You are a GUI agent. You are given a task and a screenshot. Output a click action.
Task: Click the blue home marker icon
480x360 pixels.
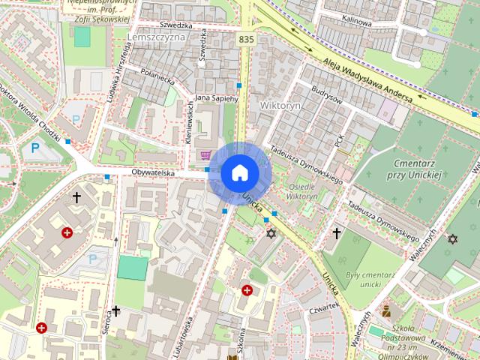click(240, 172)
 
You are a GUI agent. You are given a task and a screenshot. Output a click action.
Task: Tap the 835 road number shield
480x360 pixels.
click(245, 38)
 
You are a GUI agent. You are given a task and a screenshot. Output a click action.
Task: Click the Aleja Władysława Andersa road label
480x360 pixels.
click(367, 79)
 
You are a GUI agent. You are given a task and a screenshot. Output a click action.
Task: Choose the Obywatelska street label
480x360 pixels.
click(153, 173)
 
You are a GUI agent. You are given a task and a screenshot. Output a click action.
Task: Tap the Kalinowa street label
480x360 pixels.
click(356, 22)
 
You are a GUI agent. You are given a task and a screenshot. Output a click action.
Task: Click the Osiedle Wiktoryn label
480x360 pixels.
click(302, 190)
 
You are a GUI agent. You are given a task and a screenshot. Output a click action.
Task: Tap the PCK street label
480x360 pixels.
click(339, 139)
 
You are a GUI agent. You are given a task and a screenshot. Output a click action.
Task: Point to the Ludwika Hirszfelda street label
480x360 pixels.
click(119, 71)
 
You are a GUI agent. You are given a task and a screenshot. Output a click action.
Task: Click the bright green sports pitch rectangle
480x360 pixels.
click(133, 268)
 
